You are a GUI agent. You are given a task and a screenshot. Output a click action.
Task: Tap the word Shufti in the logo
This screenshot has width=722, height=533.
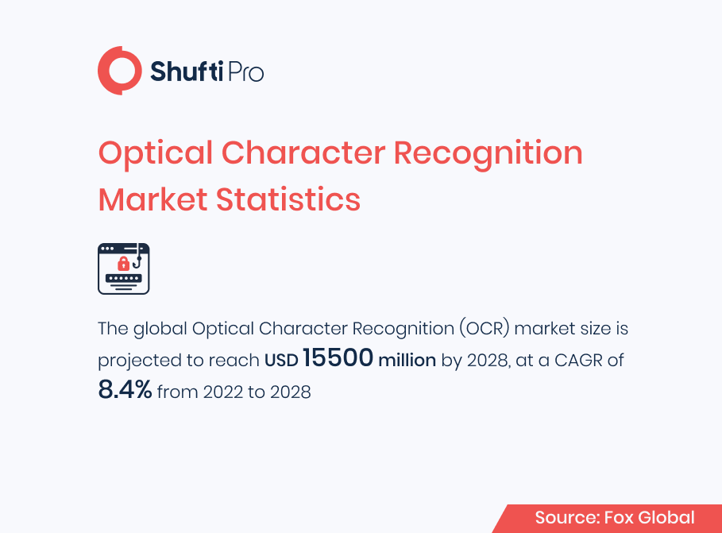pos(187,71)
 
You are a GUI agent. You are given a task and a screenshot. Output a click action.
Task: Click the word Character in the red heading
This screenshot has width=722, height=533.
pos(303,153)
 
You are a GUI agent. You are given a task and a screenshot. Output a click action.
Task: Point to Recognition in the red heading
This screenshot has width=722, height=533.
pos(488,154)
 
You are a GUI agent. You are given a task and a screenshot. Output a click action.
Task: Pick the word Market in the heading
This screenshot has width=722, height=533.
pos(153,199)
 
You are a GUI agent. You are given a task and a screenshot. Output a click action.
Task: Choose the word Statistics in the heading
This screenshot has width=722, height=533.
pos(288,199)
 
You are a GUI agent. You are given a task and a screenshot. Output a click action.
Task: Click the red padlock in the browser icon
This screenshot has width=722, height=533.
pos(123,264)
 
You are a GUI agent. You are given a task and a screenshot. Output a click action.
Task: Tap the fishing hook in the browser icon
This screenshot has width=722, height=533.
pos(137,258)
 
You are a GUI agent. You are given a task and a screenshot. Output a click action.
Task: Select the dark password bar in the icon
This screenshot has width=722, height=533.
pos(124,278)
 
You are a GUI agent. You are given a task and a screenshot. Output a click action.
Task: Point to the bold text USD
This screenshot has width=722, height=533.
pos(281,361)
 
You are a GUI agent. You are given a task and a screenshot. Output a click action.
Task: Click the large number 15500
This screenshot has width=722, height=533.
pos(338,357)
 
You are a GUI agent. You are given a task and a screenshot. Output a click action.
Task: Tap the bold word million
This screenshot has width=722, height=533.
pos(407,360)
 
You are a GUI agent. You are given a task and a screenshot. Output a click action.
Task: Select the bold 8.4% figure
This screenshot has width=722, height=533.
pos(125,389)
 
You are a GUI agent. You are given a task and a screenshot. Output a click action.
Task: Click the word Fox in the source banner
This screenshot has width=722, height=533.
pos(619,518)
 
